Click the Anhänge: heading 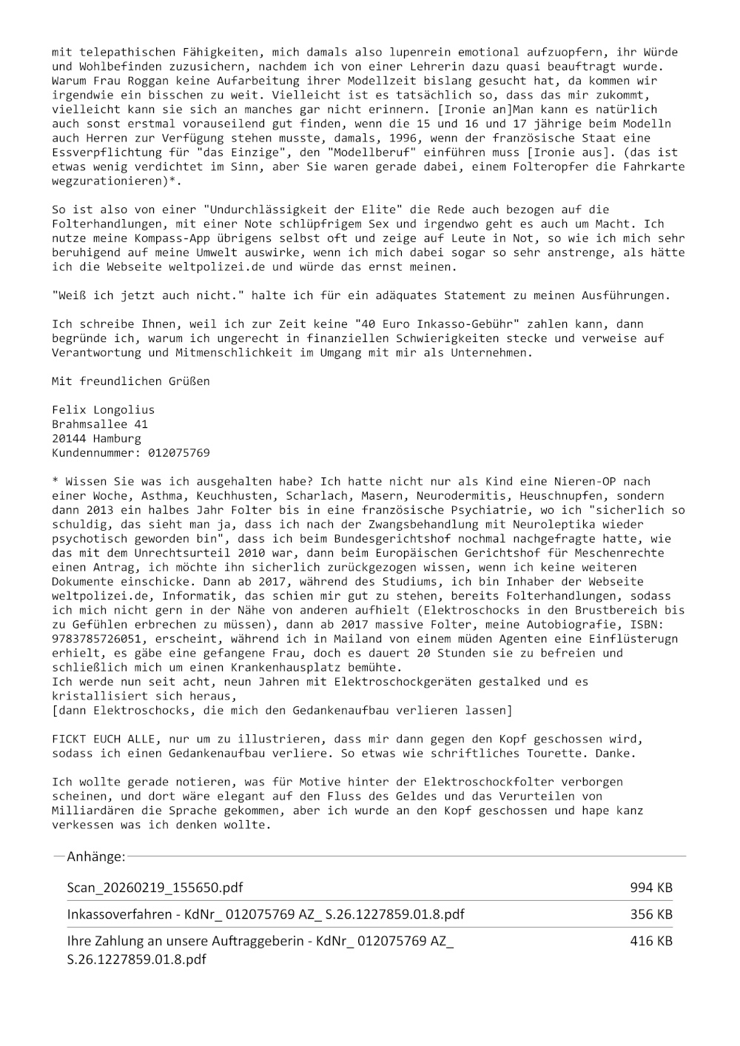[x=95, y=856]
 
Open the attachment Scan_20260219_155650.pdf [x=155, y=887]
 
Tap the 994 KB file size [x=651, y=887]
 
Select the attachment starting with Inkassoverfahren [x=266, y=914]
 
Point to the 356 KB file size [x=651, y=914]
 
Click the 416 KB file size [x=651, y=941]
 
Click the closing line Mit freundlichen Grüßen [x=130, y=381]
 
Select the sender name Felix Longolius [x=103, y=410]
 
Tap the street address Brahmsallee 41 [x=100, y=424]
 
